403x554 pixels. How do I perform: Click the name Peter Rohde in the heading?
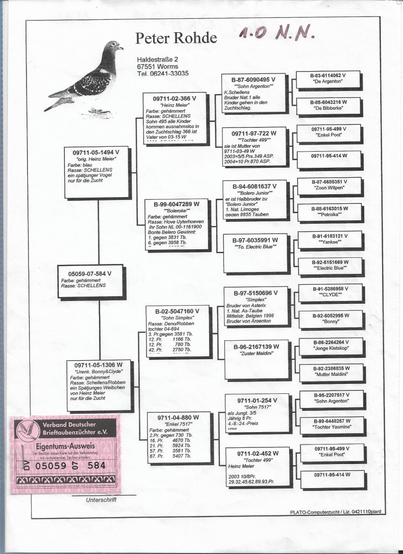click(x=176, y=38)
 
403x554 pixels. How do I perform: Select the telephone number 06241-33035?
click(x=163, y=73)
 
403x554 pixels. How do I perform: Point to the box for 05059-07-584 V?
click(x=90, y=280)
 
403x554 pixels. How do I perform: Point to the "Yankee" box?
click(x=330, y=240)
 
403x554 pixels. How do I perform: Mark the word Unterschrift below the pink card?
click(x=101, y=500)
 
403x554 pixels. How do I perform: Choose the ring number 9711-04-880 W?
click(x=178, y=418)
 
